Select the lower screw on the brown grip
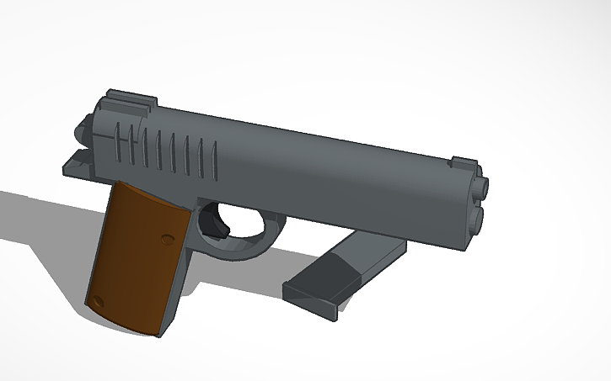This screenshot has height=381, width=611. [99, 299]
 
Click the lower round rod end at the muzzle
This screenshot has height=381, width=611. [476, 219]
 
